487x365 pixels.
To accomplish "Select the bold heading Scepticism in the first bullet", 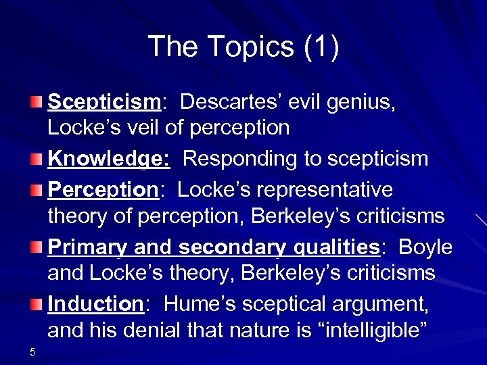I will click(103, 102).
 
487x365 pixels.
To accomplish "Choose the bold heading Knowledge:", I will click(109, 159).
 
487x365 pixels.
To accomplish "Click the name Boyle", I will click(425, 247).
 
